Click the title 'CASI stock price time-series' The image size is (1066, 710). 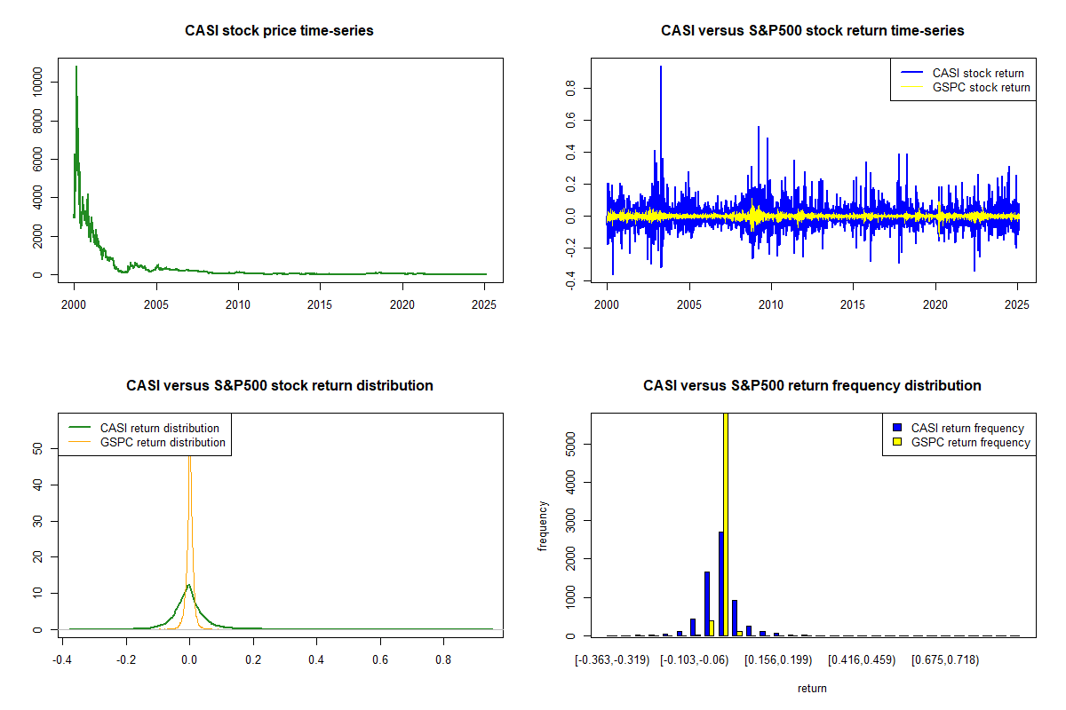(x=279, y=30)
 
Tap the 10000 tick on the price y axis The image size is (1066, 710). (x=37, y=82)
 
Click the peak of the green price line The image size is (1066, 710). (x=76, y=67)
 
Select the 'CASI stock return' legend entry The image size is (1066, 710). (x=962, y=73)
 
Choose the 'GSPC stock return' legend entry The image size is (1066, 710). (x=965, y=88)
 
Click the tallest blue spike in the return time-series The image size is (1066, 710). (x=661, y=67)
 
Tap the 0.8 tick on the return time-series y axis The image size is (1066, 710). (x=570, y=88)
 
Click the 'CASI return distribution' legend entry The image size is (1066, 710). (x=144, y=428)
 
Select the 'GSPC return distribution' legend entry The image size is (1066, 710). (x=147, y=442)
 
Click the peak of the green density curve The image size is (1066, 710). (x=189, y=585)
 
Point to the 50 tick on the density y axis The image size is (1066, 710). (x=37, y=448)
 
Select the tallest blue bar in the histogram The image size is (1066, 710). (x=721, y=584)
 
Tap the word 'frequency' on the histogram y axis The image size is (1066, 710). (x=543, y=526)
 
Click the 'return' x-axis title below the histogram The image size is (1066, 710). (x=812, y=688)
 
